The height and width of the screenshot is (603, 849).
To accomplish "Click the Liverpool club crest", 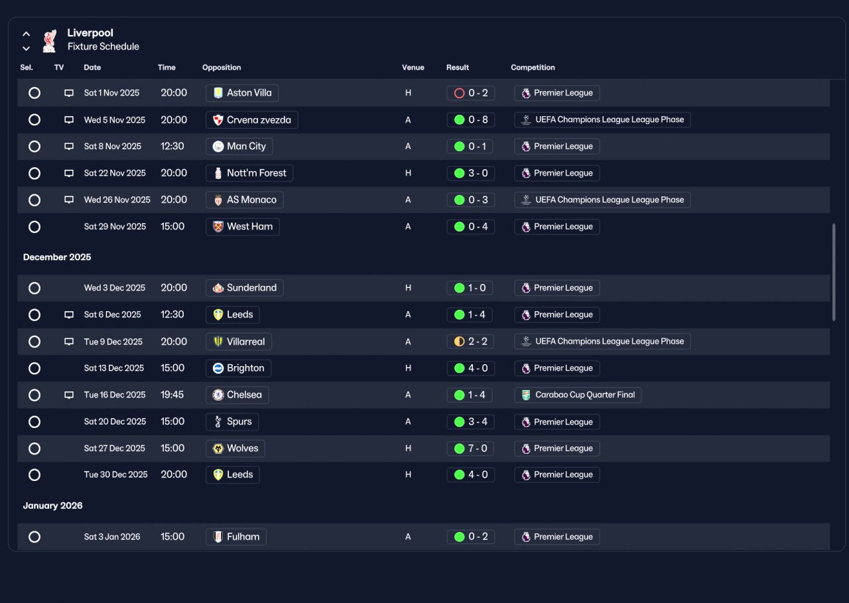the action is (x=50, y=40).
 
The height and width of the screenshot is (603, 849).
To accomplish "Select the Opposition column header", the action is (x=222, y=68).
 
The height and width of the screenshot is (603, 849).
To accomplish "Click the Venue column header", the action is (x=413, y=68).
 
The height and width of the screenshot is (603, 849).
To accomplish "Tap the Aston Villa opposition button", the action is (x=242, y=93).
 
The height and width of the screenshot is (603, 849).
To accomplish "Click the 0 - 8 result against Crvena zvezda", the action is (x=471, y=120).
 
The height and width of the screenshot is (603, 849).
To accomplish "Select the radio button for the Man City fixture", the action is (x=34, y=147).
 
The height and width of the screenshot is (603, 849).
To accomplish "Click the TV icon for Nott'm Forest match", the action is (x=69, y=173).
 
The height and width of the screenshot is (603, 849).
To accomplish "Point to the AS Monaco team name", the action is (x=251, y=200).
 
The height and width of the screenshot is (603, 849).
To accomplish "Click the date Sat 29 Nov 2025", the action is (x=115, y=227).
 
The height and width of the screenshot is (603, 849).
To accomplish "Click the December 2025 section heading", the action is (x=57, y=257).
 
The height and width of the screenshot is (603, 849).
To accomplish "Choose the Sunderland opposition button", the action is (x=245, y=288).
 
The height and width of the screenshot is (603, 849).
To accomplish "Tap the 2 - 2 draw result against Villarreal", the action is (x=471, y=342).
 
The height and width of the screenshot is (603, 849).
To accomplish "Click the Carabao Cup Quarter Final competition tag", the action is (x=578, y=395).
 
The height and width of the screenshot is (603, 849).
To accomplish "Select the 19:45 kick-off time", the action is (x=172, y=395).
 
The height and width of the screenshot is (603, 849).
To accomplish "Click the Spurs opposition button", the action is (x=232, y=421).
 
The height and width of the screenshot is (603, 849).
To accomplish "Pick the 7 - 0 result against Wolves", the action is (x=471, y=448).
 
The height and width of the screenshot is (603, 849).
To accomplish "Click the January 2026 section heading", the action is (x=52, y=505).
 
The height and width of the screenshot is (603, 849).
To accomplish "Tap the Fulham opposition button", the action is (x=235, y=537).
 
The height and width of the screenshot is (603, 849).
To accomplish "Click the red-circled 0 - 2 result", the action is (x=471, y=93).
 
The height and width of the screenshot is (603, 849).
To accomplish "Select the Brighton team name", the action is (x=245, y=368).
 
